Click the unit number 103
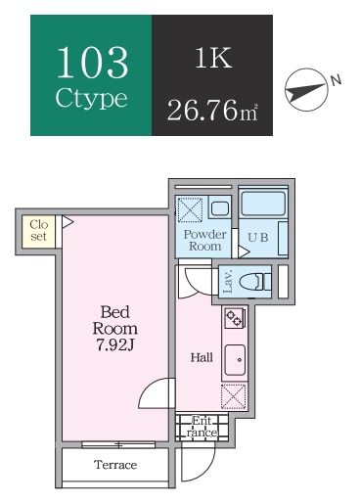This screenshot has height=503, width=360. pyautogui.click(x=92, y=62)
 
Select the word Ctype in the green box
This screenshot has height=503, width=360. pyautogui.click(x=91, y=98)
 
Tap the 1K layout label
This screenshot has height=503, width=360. pyautogui.click(x=213, y=58)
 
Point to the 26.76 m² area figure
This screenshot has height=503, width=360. pyautogui.click(x=212, y=110)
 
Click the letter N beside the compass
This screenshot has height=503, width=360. pyautogui.click(x=336, y=80)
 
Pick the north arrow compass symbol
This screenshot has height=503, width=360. pyautogui.click(x=305, y=90)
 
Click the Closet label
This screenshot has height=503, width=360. pyautogui.click(x=39, y=230)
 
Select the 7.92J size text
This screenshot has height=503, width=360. pyautogui.click(x=115, y=345)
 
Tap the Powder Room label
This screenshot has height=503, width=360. pyautogui.click(x=204, y=240)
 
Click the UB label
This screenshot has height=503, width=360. pyautogui.click(x=258, y=237)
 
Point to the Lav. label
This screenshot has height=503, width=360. pyautogui.click(x=228, y=281)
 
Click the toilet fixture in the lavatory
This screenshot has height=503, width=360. pyautogui.click(x=254, y=282)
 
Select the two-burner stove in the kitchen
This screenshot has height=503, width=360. pyautogui.click(x=235, y=318)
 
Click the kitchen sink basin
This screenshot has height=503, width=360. pyautogui.click(x=235, y=360)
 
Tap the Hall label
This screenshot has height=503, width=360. pyautogui.click(x=202, y=358)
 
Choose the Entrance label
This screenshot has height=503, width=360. pyautogui.click(x=202, y=427)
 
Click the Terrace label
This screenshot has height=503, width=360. pyautogui.click(x=115, y=465)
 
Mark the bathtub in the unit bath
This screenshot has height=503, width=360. pyautogui.click(x=263, y=204)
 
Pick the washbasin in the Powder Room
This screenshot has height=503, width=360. pyautogui.click(x=219, y=208)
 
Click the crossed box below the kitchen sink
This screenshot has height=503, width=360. pyautogui.click(x=234, y=396)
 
